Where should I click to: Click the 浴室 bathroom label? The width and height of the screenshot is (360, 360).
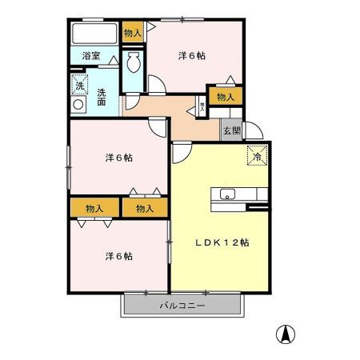[90, 56]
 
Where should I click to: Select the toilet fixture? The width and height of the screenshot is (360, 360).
[134, 62]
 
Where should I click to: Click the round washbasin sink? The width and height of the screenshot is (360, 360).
[79, 104]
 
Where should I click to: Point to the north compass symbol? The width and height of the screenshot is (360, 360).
[283, 334]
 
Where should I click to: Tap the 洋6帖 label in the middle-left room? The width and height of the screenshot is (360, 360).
[118, 158]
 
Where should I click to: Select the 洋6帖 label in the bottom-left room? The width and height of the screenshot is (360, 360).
[118, 256]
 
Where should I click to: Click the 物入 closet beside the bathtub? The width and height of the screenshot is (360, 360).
[132, 33]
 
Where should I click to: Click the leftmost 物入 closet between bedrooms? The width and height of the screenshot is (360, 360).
[94, 208]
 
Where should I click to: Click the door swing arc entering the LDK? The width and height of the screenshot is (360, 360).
[181, 150]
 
